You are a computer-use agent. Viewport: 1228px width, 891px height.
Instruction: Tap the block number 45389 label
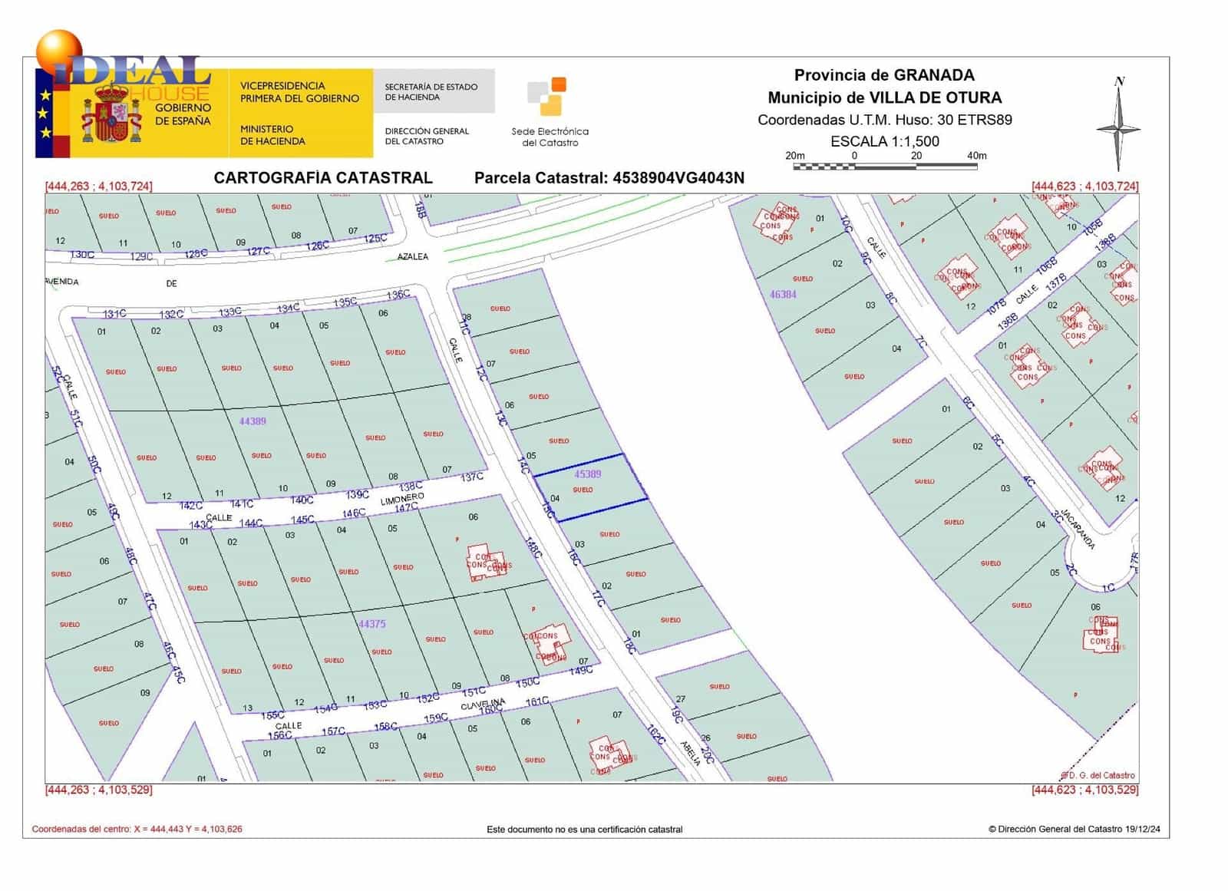(588, 474)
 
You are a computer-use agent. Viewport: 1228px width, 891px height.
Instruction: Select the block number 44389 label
(253, 421)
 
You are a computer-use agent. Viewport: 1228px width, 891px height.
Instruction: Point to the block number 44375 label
(372, 624)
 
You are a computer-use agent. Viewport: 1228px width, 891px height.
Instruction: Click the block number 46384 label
(783, 294)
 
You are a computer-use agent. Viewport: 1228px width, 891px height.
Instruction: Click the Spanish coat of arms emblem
(112, 115)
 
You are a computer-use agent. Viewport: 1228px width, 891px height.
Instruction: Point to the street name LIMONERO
(402, 500)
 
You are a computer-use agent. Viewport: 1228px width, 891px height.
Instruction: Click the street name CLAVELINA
(483, 704)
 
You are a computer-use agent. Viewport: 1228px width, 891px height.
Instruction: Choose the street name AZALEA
(413, 256)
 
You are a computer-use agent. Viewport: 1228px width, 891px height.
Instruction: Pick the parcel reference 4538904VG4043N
(678, 178)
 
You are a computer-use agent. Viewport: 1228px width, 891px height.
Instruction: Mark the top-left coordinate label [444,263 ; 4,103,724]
(99, 186)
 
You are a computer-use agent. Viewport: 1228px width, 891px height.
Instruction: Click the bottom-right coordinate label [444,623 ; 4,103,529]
(1084, 790)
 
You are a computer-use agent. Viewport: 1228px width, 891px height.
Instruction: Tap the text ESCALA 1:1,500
(884, 141)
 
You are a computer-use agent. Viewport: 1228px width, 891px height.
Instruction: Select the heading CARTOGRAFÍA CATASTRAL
(323, 178)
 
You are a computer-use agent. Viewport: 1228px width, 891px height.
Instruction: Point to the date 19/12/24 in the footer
(1143, 829)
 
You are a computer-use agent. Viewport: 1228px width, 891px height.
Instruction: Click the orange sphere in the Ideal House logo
(58, 51)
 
